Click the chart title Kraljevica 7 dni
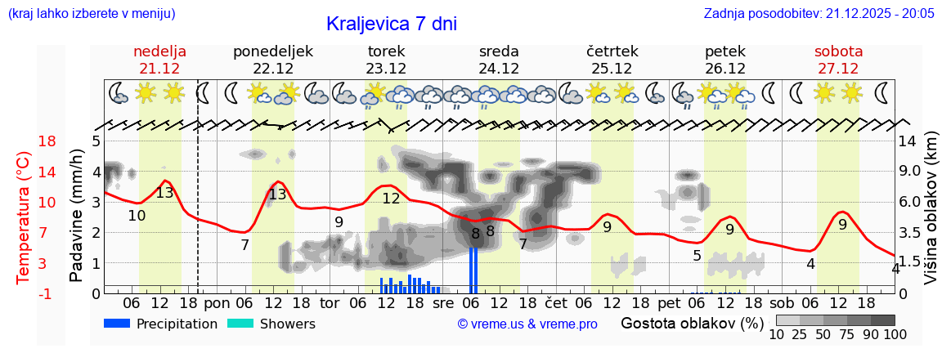391,24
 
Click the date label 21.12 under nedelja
159,69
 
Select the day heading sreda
499,51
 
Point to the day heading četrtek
612,51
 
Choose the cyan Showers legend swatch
240,324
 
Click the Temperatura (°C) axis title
23,217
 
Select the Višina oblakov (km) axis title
931,217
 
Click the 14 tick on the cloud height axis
908,141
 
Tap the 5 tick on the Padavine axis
96,141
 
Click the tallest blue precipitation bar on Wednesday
473,270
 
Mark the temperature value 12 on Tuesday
391,199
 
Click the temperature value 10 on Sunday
137,216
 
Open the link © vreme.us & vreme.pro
527,324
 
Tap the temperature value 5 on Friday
697,256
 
